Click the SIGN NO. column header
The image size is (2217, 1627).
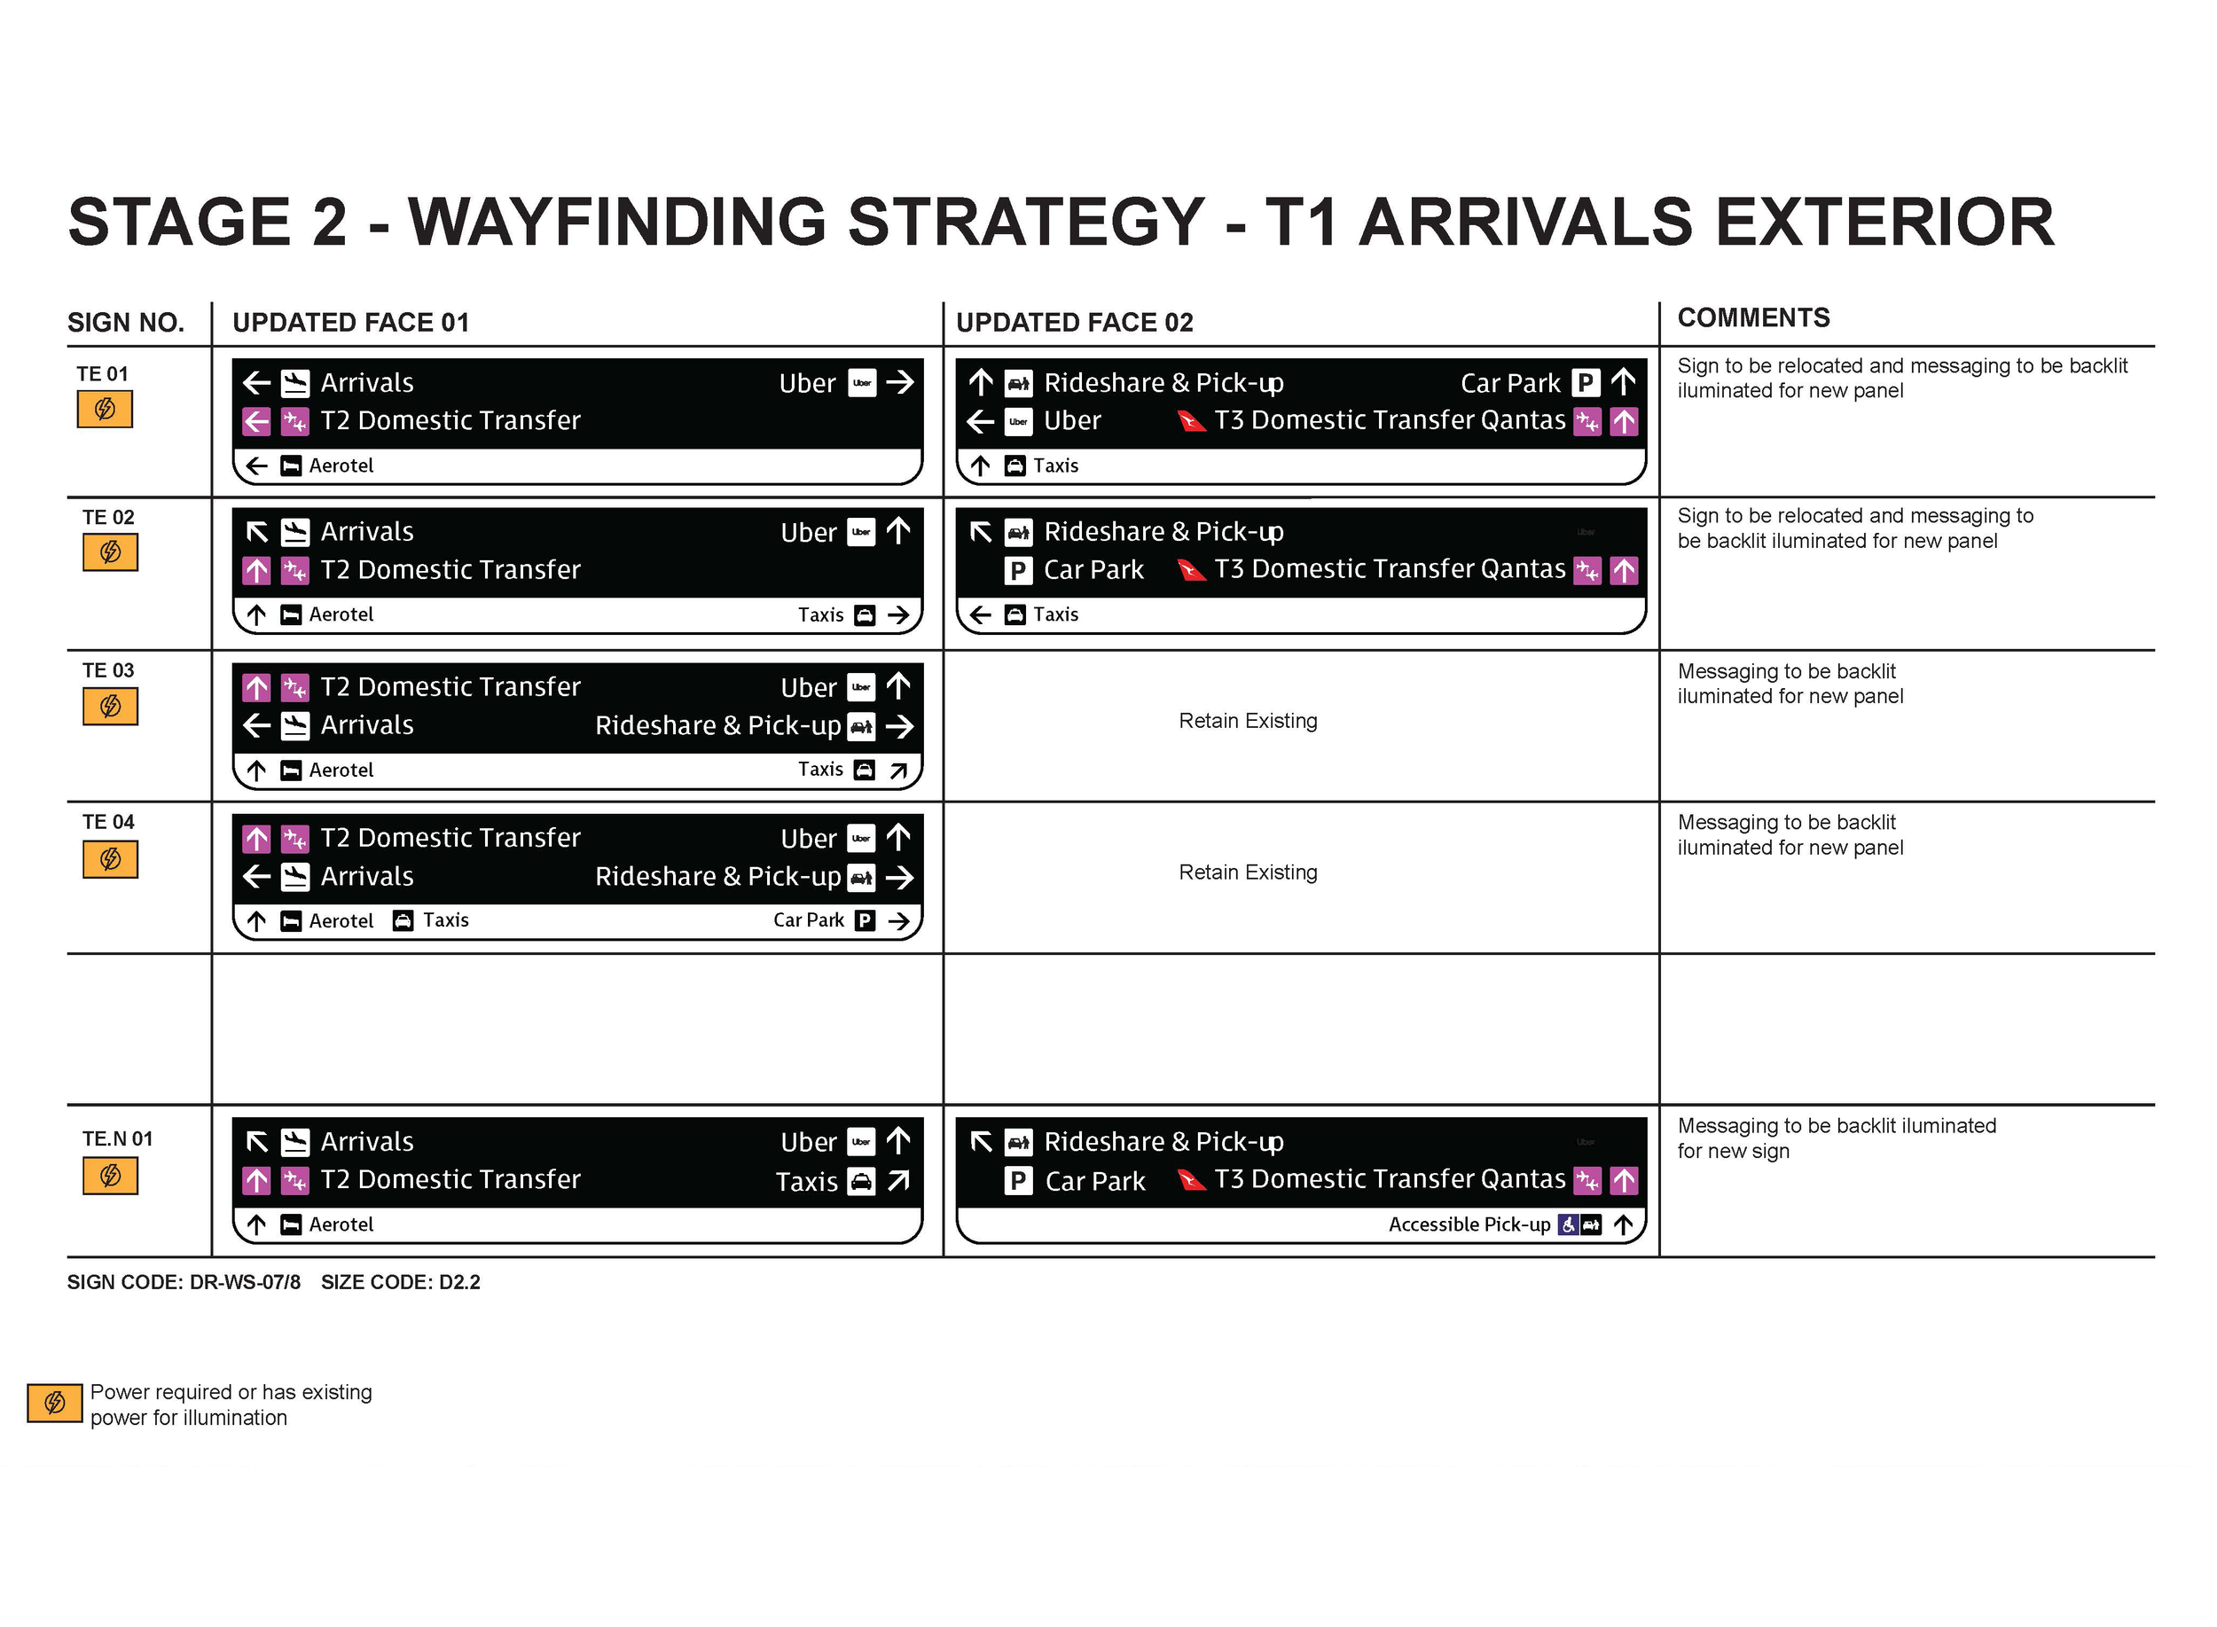[x=125, y=322]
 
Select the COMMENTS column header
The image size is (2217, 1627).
[x=1752, y=317]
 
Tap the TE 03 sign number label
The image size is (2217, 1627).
[x=107, y=669]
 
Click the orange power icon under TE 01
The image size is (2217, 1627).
[x=105, y=409]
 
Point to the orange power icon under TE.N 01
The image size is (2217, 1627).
[x=110, y=1175]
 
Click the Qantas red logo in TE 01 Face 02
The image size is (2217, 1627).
[x=1192, y=421]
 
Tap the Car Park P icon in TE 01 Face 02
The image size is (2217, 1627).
[x=1585, y=382]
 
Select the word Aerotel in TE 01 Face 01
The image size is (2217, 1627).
[x=341, y=465]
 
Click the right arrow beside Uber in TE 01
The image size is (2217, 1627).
[x=899, y=382]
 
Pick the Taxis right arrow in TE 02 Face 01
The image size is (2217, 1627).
[x=897, y=615]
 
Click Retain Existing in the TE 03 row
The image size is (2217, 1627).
[x=1247, y=721]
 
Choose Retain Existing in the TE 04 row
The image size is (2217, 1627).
[x=1247, y=872]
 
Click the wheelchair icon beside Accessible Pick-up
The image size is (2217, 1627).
[x=1567, y=1224]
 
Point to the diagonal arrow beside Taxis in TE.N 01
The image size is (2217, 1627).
[x=897, y=1180]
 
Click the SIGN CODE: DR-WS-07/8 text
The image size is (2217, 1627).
[x=184, y=1281]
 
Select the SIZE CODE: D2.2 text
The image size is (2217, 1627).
[x=400, y=1281]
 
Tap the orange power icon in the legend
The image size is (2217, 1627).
[x=54, y=1403]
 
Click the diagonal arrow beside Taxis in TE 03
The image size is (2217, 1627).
[x=897, y=770]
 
